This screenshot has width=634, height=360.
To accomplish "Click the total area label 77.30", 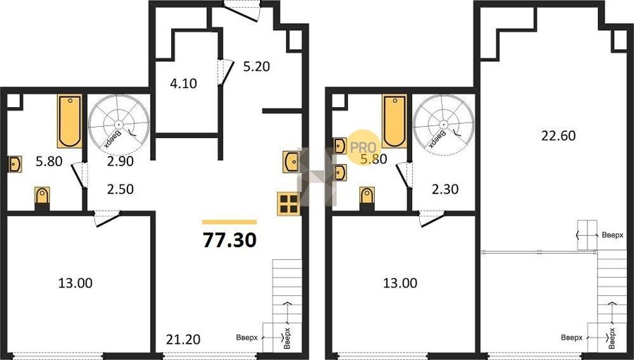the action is coord(230,240).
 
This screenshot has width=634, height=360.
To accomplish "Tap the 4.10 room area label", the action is coord(184,83).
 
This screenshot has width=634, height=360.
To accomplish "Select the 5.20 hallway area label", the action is coord(256,66).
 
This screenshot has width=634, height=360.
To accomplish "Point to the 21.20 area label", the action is coord(183,339).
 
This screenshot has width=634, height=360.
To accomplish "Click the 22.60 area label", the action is coord(559,135).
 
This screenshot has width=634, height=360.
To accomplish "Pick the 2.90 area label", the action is coord(121,161).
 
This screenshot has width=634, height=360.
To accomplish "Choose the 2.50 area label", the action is coord(120,189).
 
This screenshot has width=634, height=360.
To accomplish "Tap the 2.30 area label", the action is coord(445,189).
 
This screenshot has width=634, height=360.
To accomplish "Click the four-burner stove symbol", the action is coord(289,203).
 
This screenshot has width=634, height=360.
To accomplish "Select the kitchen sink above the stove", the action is coord(291,161).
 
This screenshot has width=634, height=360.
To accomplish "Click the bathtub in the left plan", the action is coord(70,120).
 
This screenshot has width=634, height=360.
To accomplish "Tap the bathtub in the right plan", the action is coord(394,120).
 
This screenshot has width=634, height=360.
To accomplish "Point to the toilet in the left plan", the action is coord(42,197).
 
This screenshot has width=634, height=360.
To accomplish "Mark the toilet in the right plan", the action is coord(367,197).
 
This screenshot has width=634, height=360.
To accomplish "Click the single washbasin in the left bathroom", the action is coord(15,164).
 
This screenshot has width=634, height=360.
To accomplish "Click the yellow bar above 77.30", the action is coord(230,222).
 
